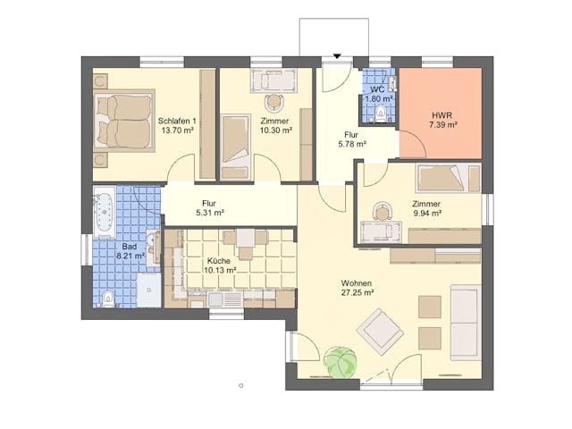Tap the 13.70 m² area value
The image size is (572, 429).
(176, 130)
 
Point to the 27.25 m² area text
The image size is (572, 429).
(357, 293)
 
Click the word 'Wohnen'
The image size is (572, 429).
(356, 283)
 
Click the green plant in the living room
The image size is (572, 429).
(341, 362)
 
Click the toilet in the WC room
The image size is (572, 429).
(383, 114)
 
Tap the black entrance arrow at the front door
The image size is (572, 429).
(337, 57)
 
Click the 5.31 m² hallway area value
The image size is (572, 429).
(209, 214)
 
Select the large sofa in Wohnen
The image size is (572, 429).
(465, 322)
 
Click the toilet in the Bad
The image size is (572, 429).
(106, 298)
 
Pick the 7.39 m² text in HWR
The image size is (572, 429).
(442, 125)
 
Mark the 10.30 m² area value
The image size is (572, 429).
(275, 130)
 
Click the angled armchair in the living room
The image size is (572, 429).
(380, 331)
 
